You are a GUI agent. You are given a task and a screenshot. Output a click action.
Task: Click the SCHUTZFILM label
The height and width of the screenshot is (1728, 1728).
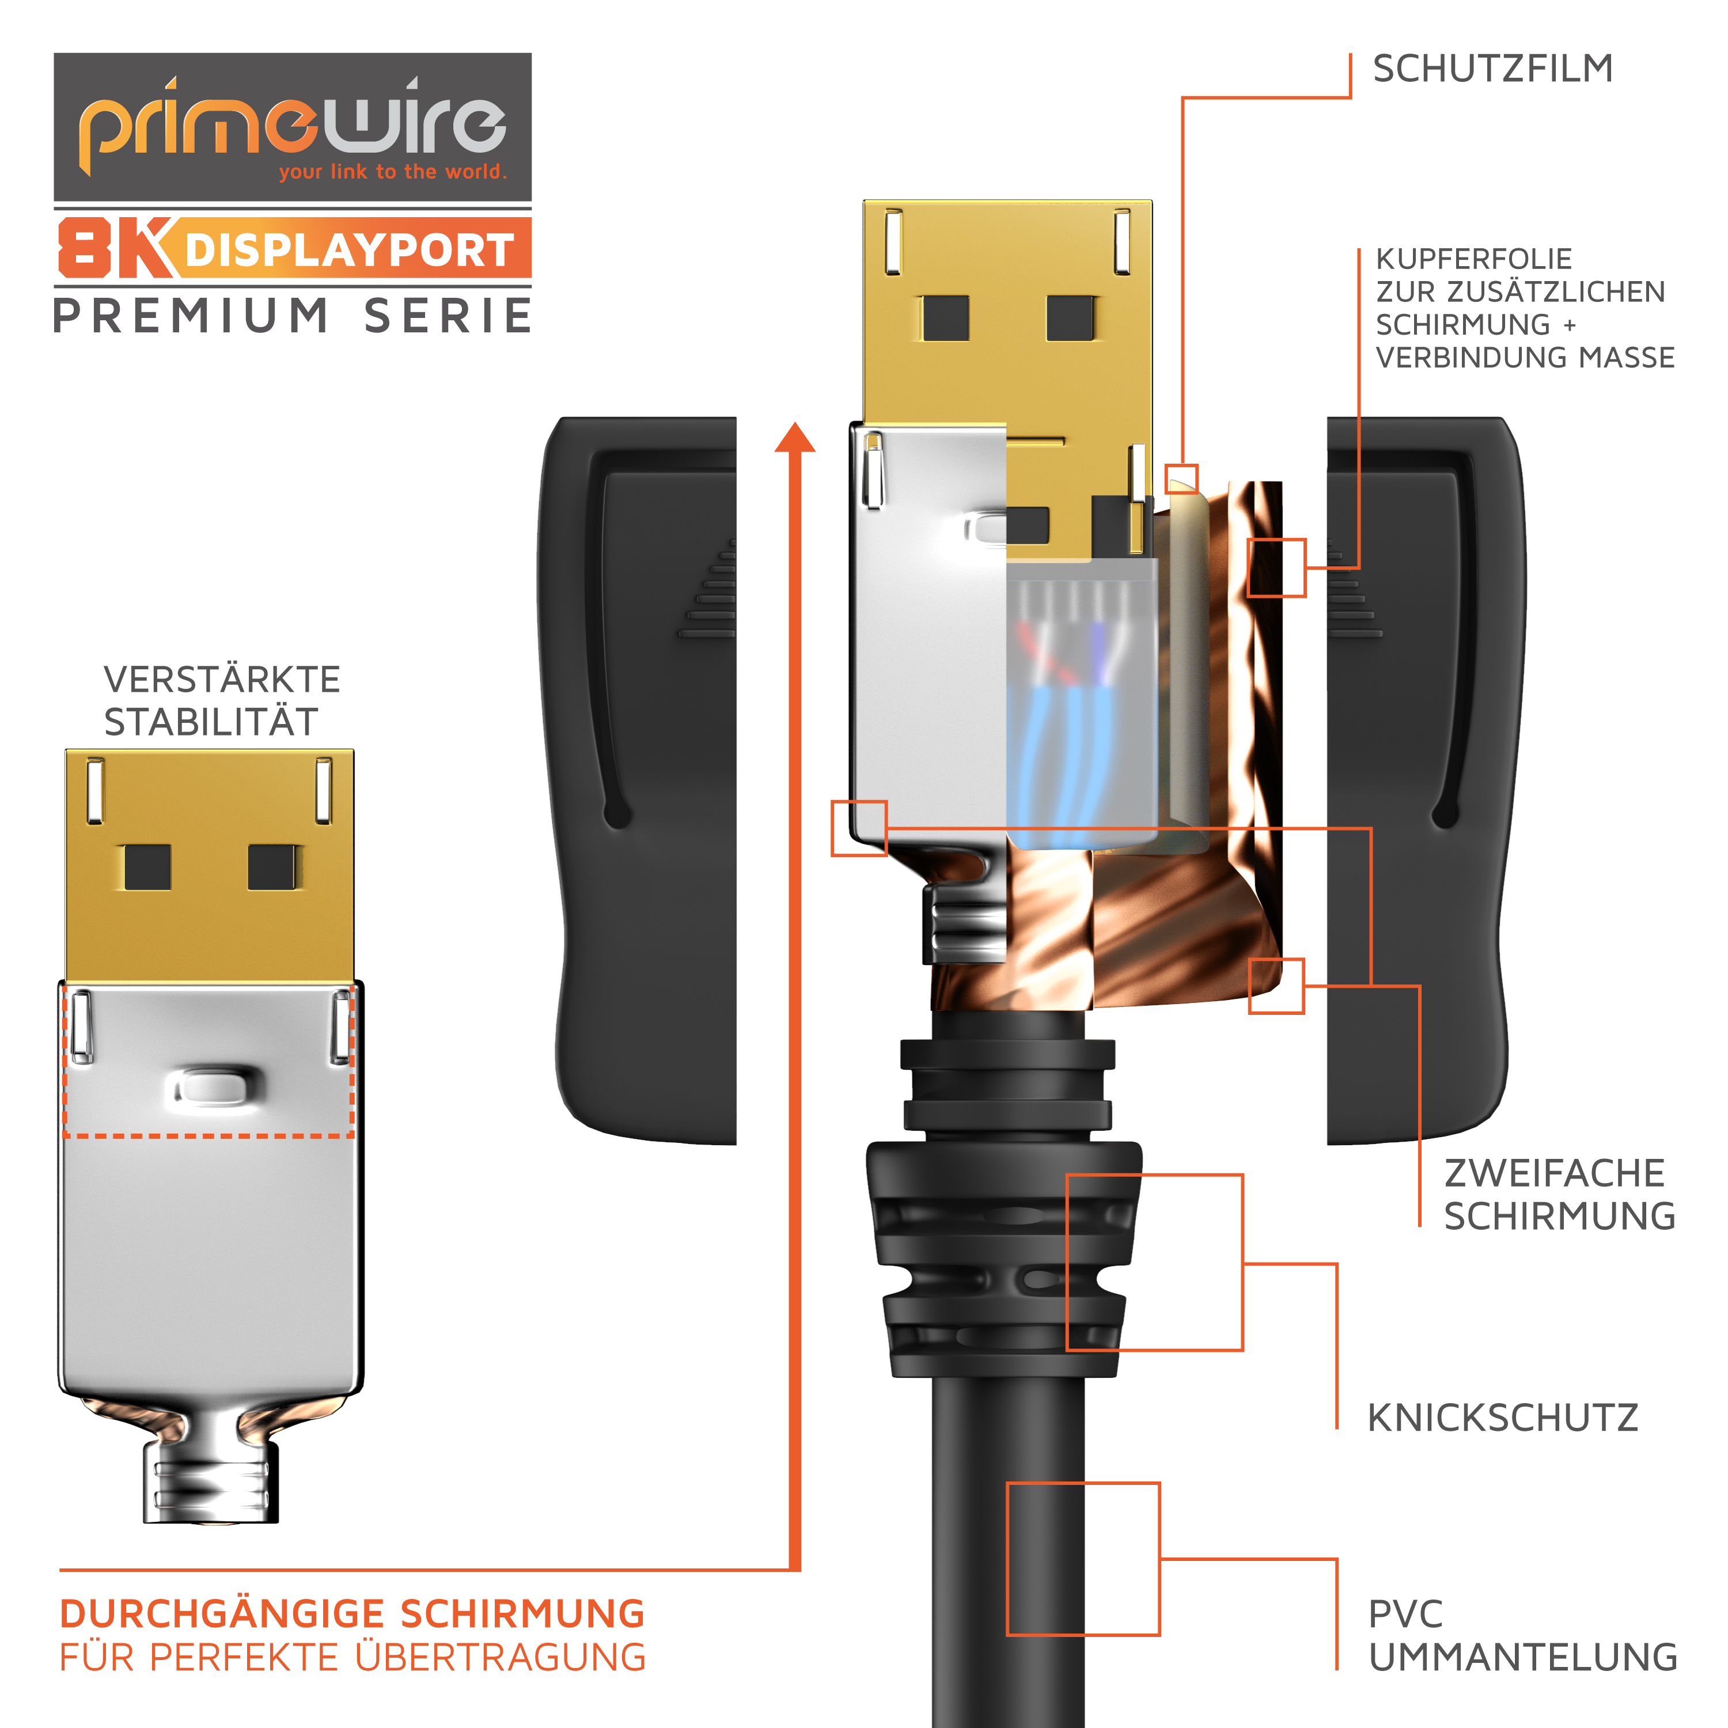point(1493,69)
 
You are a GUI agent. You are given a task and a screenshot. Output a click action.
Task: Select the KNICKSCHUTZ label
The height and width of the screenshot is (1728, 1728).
point(1503,1418)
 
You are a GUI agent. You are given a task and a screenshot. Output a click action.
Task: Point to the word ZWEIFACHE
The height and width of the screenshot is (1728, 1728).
point(1555,1173)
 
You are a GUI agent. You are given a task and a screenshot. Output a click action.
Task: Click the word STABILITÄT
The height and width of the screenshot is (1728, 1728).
point(211,721)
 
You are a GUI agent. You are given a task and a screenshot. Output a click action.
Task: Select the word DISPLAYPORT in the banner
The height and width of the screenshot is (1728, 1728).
point(350,249)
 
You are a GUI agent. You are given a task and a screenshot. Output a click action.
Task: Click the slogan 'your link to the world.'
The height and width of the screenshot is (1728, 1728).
point(393,172)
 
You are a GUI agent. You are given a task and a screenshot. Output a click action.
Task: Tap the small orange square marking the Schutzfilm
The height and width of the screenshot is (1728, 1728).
point(1181,479)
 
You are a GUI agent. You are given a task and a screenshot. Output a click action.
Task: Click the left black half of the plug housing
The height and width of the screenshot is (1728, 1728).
point(638,780)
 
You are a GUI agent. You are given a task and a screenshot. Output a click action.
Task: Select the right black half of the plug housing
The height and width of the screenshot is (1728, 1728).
point(1426,780)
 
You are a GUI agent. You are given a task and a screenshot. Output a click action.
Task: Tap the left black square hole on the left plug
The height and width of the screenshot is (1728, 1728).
point(147,867)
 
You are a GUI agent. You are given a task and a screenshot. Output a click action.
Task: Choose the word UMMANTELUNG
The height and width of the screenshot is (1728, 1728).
point(1523,1657)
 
